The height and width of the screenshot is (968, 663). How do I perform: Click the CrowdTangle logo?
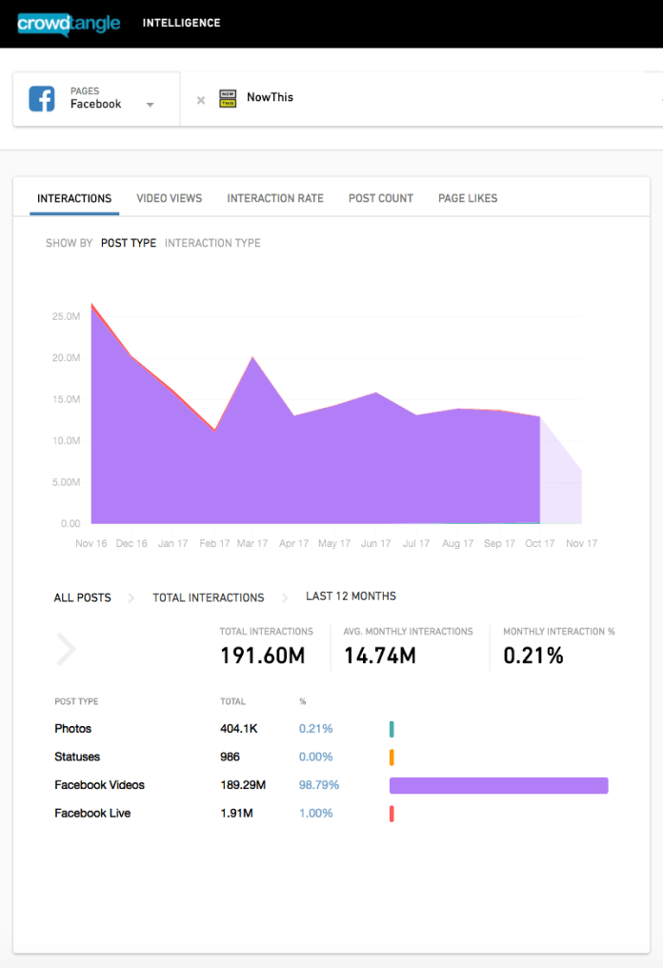pos(69,23)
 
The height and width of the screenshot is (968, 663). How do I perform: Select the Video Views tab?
pos(170,198)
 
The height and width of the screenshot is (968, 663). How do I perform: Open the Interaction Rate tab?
pos(275,198)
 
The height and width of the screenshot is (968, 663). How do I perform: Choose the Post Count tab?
pos(381,198)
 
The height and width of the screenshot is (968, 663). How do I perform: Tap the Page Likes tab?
pos(468,198)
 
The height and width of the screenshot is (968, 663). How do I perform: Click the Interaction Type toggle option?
pos(212,243)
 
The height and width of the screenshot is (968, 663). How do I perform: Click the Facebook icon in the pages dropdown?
pos(42,98)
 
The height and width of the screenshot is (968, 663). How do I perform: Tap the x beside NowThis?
pos(200,100)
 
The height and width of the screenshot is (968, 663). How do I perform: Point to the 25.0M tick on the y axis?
pos(66,316)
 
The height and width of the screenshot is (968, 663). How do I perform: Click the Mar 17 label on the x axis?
pos(252,544)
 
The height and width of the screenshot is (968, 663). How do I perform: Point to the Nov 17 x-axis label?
pos(581,544)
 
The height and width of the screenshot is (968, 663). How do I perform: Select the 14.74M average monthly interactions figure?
pos(379,655)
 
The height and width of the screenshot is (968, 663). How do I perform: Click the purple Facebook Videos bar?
pos(498,785)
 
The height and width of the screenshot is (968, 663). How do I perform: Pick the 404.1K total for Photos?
pos(239,729)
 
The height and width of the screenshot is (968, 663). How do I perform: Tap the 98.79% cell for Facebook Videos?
pos(319,785)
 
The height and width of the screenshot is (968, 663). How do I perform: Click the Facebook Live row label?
pos(92,813)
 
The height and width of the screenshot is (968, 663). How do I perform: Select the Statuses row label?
pos(77,756)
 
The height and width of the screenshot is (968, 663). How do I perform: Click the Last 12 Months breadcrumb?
pos(351,596)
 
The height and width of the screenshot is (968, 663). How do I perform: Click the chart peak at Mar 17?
pos(252,357)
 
